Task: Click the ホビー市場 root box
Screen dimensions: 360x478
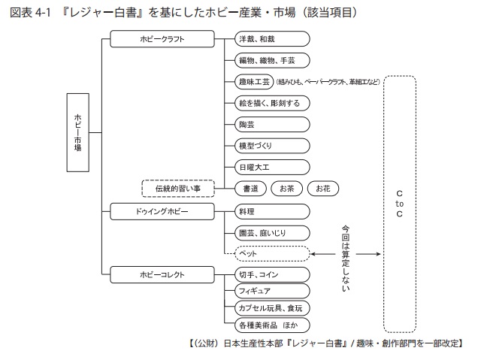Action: pos(78,134)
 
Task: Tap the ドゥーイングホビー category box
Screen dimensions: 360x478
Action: pos(162,211)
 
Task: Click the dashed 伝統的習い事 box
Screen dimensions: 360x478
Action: pos(177,187)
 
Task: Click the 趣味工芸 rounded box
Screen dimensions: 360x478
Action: pos(253,81)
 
